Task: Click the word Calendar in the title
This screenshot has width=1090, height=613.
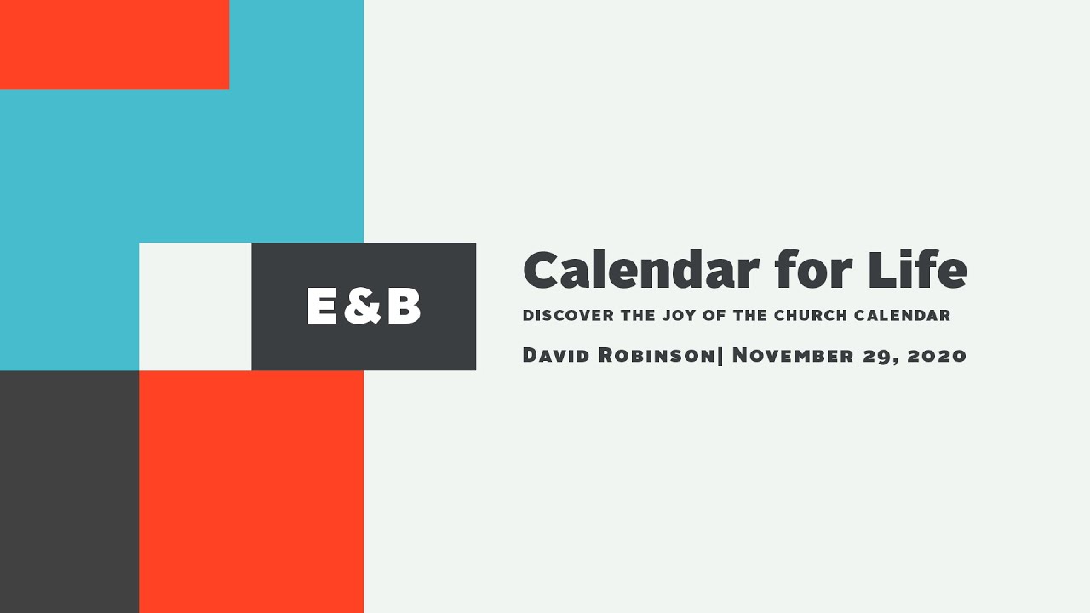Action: [x=640, y=271]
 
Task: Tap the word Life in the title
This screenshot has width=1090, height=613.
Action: [x=917, y=271]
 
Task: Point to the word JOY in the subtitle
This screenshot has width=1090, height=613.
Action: [x=678, y=316]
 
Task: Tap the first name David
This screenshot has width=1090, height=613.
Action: [x=558, y=355]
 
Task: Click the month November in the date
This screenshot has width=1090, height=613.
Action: [x=797, y=355]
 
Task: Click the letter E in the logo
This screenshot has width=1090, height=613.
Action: [x=324, y=306]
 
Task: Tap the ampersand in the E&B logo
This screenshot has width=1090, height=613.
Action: [x=363, y=306]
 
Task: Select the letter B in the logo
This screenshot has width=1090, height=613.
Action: [x=403, y=306]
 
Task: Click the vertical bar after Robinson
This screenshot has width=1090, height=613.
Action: [x=721, y=355]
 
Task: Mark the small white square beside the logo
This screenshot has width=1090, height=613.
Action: [x=195, y=306]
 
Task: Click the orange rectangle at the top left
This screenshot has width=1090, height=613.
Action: [x=114, y=44]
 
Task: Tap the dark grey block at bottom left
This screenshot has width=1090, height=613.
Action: [x=69, y=491]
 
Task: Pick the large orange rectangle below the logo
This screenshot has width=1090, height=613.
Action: [x=251, y=491]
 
